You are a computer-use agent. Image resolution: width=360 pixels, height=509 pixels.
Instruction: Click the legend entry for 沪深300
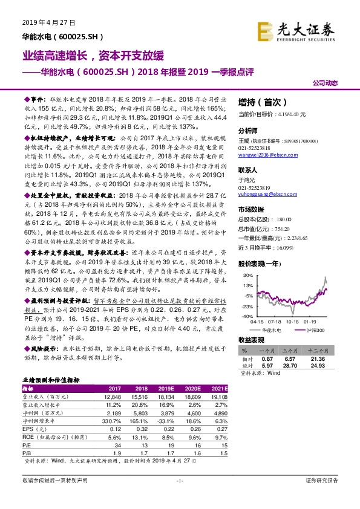coord(314,329)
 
